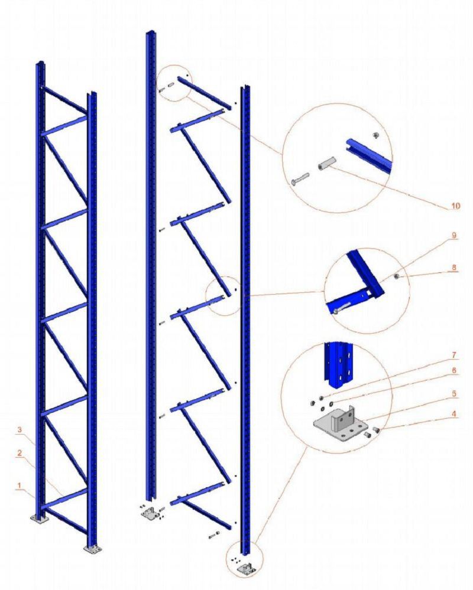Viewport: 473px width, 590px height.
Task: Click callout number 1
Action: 19,485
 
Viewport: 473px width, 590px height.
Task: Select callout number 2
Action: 19,453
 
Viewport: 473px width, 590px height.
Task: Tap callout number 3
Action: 20,429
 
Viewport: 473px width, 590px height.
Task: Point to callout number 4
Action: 454,414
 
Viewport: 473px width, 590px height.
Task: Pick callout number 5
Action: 454,393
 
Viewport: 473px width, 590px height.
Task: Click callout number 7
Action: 454,355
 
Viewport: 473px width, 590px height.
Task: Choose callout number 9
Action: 454,235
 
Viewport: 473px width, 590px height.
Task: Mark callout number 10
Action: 456,206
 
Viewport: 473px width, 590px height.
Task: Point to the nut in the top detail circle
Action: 375,135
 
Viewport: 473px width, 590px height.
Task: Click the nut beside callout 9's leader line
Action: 396,278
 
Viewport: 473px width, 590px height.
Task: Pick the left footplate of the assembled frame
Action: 39,519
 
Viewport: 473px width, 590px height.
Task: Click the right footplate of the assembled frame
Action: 92,550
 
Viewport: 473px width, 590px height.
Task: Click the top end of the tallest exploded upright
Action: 151,32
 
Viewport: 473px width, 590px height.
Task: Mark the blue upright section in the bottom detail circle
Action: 339,364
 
